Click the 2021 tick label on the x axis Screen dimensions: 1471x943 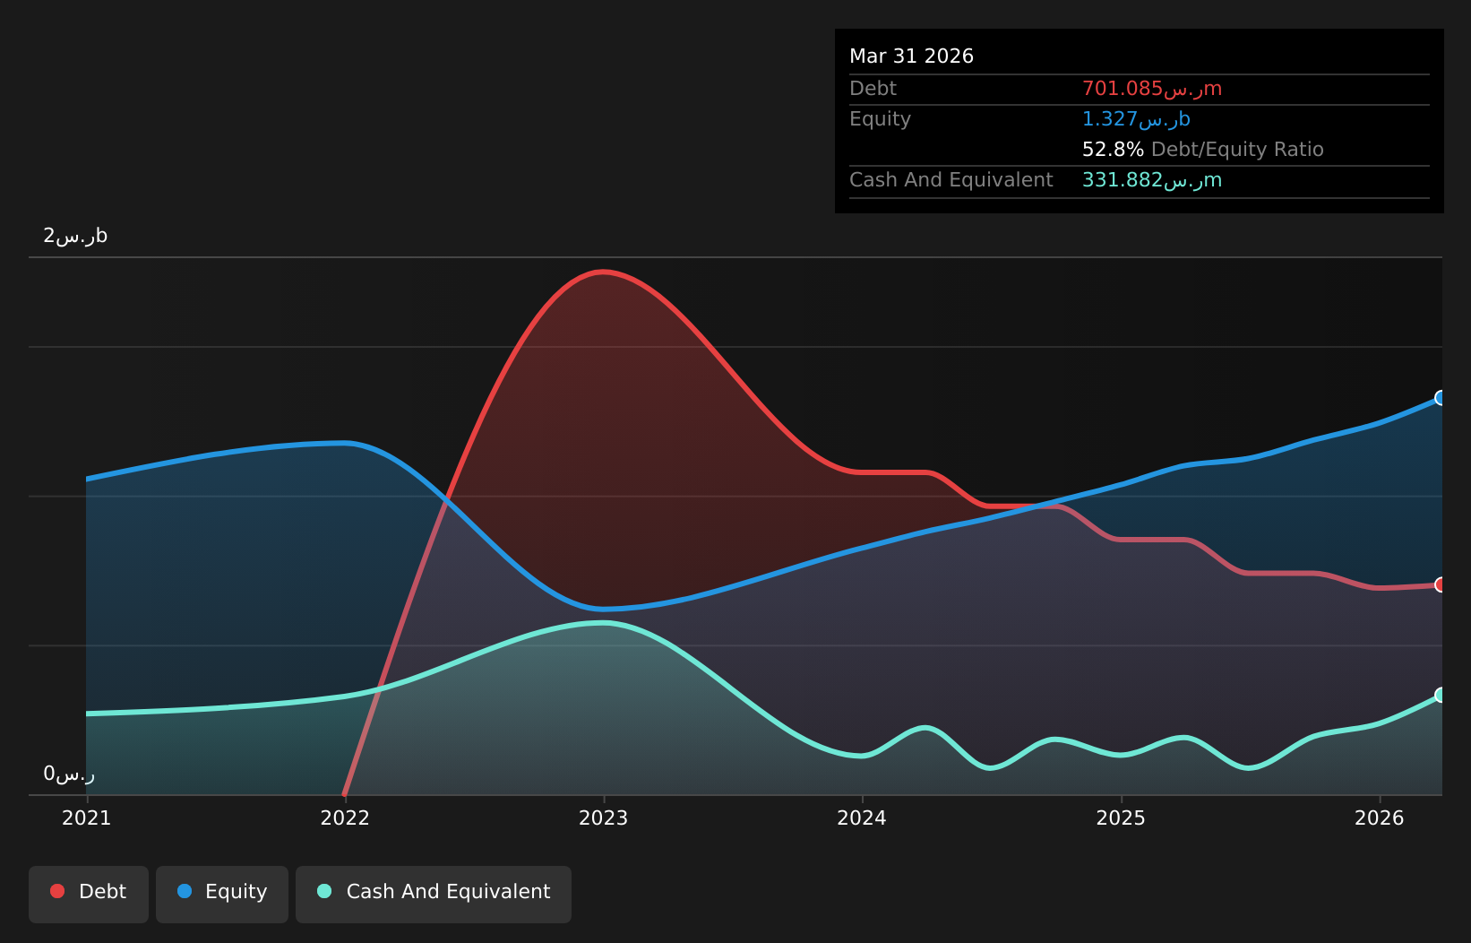coord(87,818)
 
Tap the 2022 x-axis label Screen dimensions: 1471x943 coord(345,818)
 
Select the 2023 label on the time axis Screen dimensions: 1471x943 coord(604,818)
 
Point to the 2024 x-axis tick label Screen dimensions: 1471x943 coord(862,818)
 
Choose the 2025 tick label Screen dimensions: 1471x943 coord(1121,818)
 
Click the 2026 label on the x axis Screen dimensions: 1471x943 coord(1379,818)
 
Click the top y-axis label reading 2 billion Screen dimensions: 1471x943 coord(75,236)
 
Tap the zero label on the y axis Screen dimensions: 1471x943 coord(69,774)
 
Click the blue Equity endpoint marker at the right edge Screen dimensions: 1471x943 coord(1441,398)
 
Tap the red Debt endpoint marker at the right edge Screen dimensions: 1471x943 coord(1441,584)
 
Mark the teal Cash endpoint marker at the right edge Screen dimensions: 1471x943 coord(1441,695)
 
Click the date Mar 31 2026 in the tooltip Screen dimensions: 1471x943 coord(911,56)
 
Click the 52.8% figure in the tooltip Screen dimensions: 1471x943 coord(1113,150)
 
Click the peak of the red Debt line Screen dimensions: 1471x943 coord(603,272)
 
